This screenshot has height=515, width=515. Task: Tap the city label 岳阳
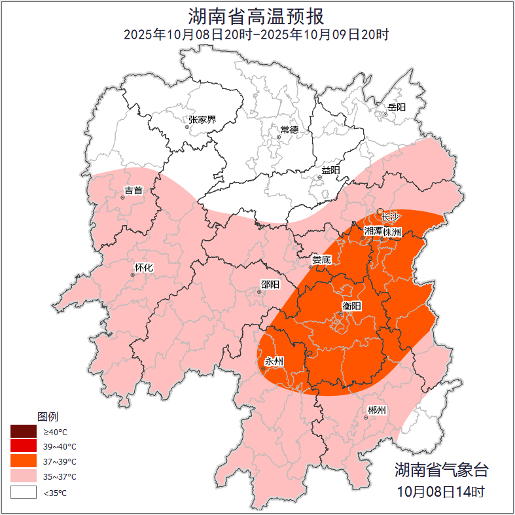tap(397, 107)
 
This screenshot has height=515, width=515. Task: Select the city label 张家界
tap(202, 120)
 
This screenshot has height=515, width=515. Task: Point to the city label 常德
tap(289, 130)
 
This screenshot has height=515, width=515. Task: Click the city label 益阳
tap(330, 170)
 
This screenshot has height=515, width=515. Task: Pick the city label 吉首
tap(133, 190)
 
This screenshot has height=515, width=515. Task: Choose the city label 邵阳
tap(270, 284)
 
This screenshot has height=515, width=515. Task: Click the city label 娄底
tap(321, 259)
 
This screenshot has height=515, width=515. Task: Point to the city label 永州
tap(274, 361)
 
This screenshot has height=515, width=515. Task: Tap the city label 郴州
tap(376, 410)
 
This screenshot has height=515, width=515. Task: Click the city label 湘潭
tap(373, 232)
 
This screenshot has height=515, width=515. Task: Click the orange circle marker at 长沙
tap(380, 211)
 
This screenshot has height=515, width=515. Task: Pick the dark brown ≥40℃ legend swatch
tap(23, 432)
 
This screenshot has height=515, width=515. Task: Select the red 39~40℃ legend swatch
tap(23, 447)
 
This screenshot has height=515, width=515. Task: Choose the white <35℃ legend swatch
tap(23, 492)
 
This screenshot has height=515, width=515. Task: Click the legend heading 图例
tap(48, 416)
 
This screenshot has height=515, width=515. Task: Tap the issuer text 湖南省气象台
tap(441, 469)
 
